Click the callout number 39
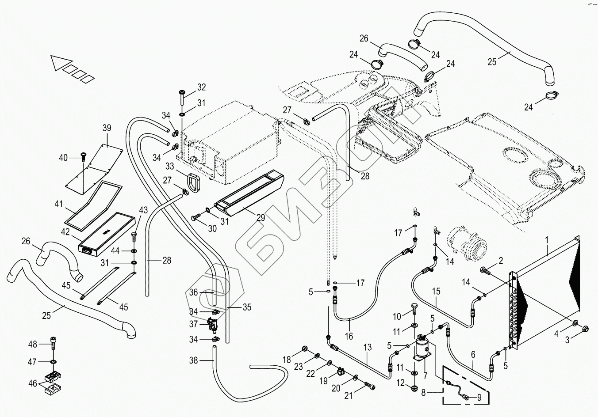(x=107, y=128)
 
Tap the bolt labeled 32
(x=182, y=94)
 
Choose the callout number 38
(x=193, y=360)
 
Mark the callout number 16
(x=349, y=336)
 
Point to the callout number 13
(x=368, y=348)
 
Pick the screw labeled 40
(x=83, y=156)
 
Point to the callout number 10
(x=397, y=316)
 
